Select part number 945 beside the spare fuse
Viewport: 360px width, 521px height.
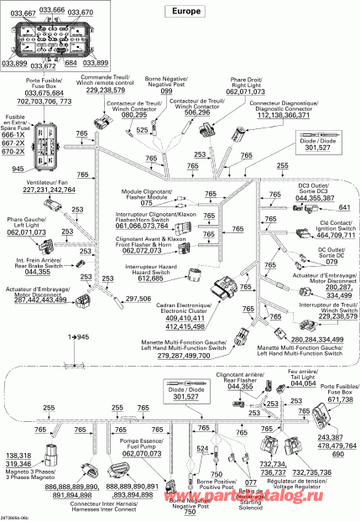[18, 169]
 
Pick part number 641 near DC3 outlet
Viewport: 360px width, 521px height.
[344, 207]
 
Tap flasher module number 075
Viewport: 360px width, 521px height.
[146, 203]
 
